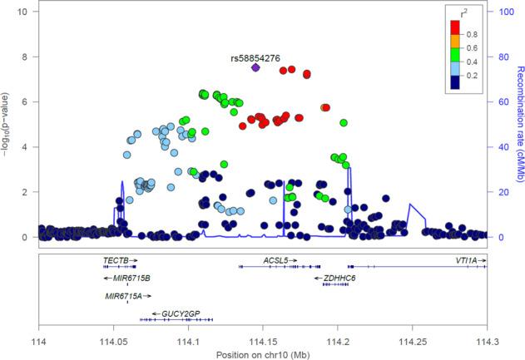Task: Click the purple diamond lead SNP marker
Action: [255, 68]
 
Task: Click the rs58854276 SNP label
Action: [255, 58]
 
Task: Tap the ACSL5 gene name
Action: [275, 260]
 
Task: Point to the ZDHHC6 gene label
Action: [340, 278]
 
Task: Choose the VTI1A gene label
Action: [466, 260]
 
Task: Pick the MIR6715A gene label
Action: [122, 295]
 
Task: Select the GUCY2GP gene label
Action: [182, 313]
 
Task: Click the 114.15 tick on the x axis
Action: [263, 341]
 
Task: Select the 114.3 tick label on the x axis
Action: [487, 341]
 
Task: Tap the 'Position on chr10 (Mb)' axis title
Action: [262, 353]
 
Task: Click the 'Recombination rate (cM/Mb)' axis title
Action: [519, 125]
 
